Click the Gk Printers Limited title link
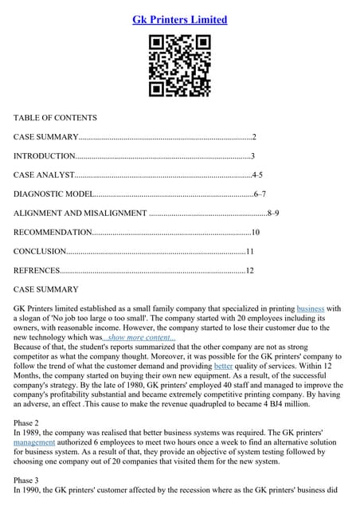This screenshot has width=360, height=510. click(x=179, y=19)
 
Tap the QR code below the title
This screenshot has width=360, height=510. click(x=179, y=69)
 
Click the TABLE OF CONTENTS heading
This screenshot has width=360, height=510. click(x=55, y=118)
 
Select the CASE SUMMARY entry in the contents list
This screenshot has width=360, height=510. click(x=45, y=137)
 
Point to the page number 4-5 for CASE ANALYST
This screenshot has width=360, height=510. click(x=257, y=175)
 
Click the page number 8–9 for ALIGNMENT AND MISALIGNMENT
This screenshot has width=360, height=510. click(x=272, y=213)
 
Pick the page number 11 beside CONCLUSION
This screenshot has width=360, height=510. click(x=249, y=251)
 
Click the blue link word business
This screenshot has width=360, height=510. click(x=311, y=308)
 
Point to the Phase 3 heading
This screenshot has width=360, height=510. click(x=29, y=481)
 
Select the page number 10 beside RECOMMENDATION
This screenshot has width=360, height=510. click(x=255, y=232)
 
